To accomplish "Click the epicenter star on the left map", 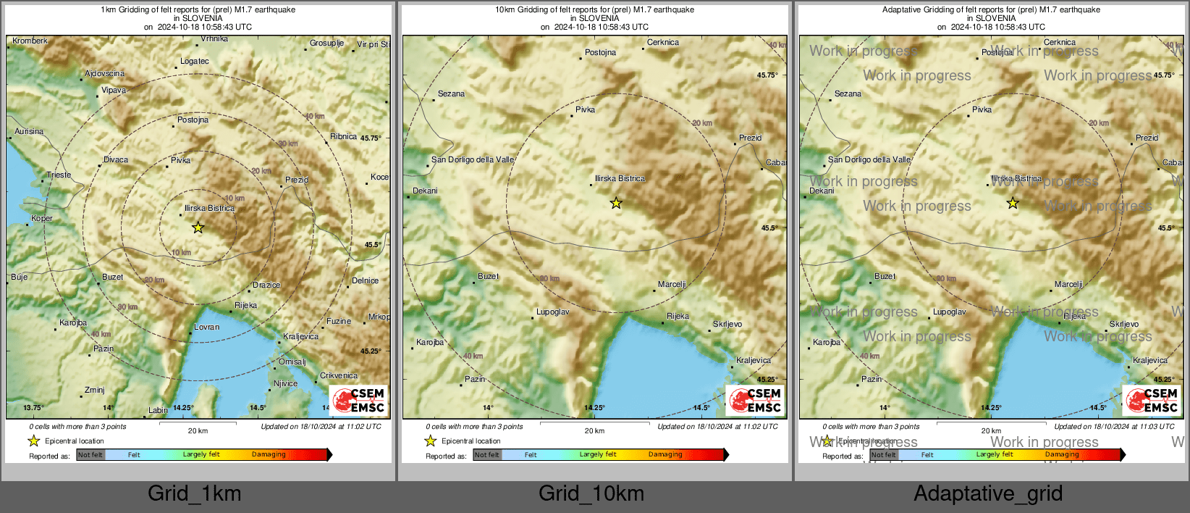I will (198, 228).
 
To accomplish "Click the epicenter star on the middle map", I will (616, 204).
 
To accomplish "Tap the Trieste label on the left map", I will (59, 175).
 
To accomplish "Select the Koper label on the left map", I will (42, 218).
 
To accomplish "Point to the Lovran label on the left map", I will (206, 327).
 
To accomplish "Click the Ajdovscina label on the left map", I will (104, 73).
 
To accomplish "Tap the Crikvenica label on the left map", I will (339, 375).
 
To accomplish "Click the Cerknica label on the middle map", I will (663, 42).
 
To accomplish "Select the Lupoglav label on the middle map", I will (552, 312).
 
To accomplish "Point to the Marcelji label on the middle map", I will (672, 284).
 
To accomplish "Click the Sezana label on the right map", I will (848, 93).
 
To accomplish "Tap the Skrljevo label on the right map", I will (1123, 324).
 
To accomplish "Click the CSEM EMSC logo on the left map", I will (359, 400).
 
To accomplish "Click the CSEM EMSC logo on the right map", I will (1152, 400).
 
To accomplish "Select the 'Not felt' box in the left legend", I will (90, 455).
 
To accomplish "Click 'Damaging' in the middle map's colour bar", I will (665, 454).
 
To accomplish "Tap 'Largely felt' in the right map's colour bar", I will (995, 454).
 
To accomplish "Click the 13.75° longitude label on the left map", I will (33, 407).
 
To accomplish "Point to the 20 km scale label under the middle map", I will (594, 430).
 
